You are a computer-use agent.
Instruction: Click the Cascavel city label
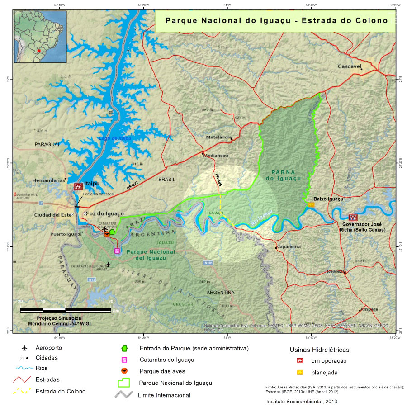[350, 66]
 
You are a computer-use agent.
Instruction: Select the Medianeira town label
[216, 156]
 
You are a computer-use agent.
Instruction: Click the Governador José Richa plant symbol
[353, 218]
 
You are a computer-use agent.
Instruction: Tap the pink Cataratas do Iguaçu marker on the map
[117, 251]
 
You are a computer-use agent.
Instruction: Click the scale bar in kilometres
[66, 310]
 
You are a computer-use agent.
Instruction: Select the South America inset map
[40, 37]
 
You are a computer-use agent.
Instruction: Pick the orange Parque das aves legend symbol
[124, 371]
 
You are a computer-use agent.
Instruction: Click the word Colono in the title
[373, 20]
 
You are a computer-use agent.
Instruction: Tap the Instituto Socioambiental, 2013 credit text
[302, 401]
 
